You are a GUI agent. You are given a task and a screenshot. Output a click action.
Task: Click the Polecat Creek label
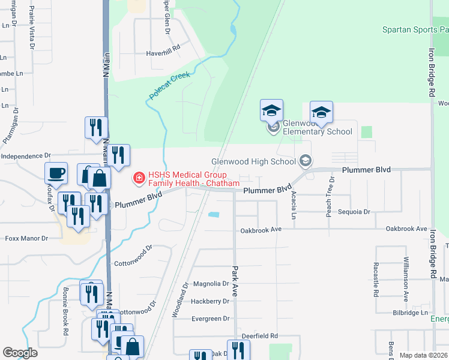169,86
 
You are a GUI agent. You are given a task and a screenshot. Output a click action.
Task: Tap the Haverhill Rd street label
163,53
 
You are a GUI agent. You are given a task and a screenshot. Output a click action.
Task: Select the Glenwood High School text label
254,161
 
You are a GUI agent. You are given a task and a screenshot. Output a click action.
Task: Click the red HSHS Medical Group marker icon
139,177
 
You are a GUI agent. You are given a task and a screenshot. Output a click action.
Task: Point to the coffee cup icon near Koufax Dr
56,173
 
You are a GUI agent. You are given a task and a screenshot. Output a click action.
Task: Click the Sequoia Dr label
354,212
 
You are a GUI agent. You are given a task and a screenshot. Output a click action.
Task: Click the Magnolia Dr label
211,284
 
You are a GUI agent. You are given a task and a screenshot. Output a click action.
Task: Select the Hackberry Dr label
210,301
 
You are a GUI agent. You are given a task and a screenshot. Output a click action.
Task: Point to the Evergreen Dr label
210,319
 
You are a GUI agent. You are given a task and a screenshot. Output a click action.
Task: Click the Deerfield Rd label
260,336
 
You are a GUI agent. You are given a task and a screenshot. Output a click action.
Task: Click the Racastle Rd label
375,279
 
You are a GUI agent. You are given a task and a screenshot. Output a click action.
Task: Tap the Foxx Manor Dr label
26,238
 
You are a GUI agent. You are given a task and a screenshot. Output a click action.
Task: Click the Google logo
20,353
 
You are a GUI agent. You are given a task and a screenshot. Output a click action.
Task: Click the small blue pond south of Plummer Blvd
213,214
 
